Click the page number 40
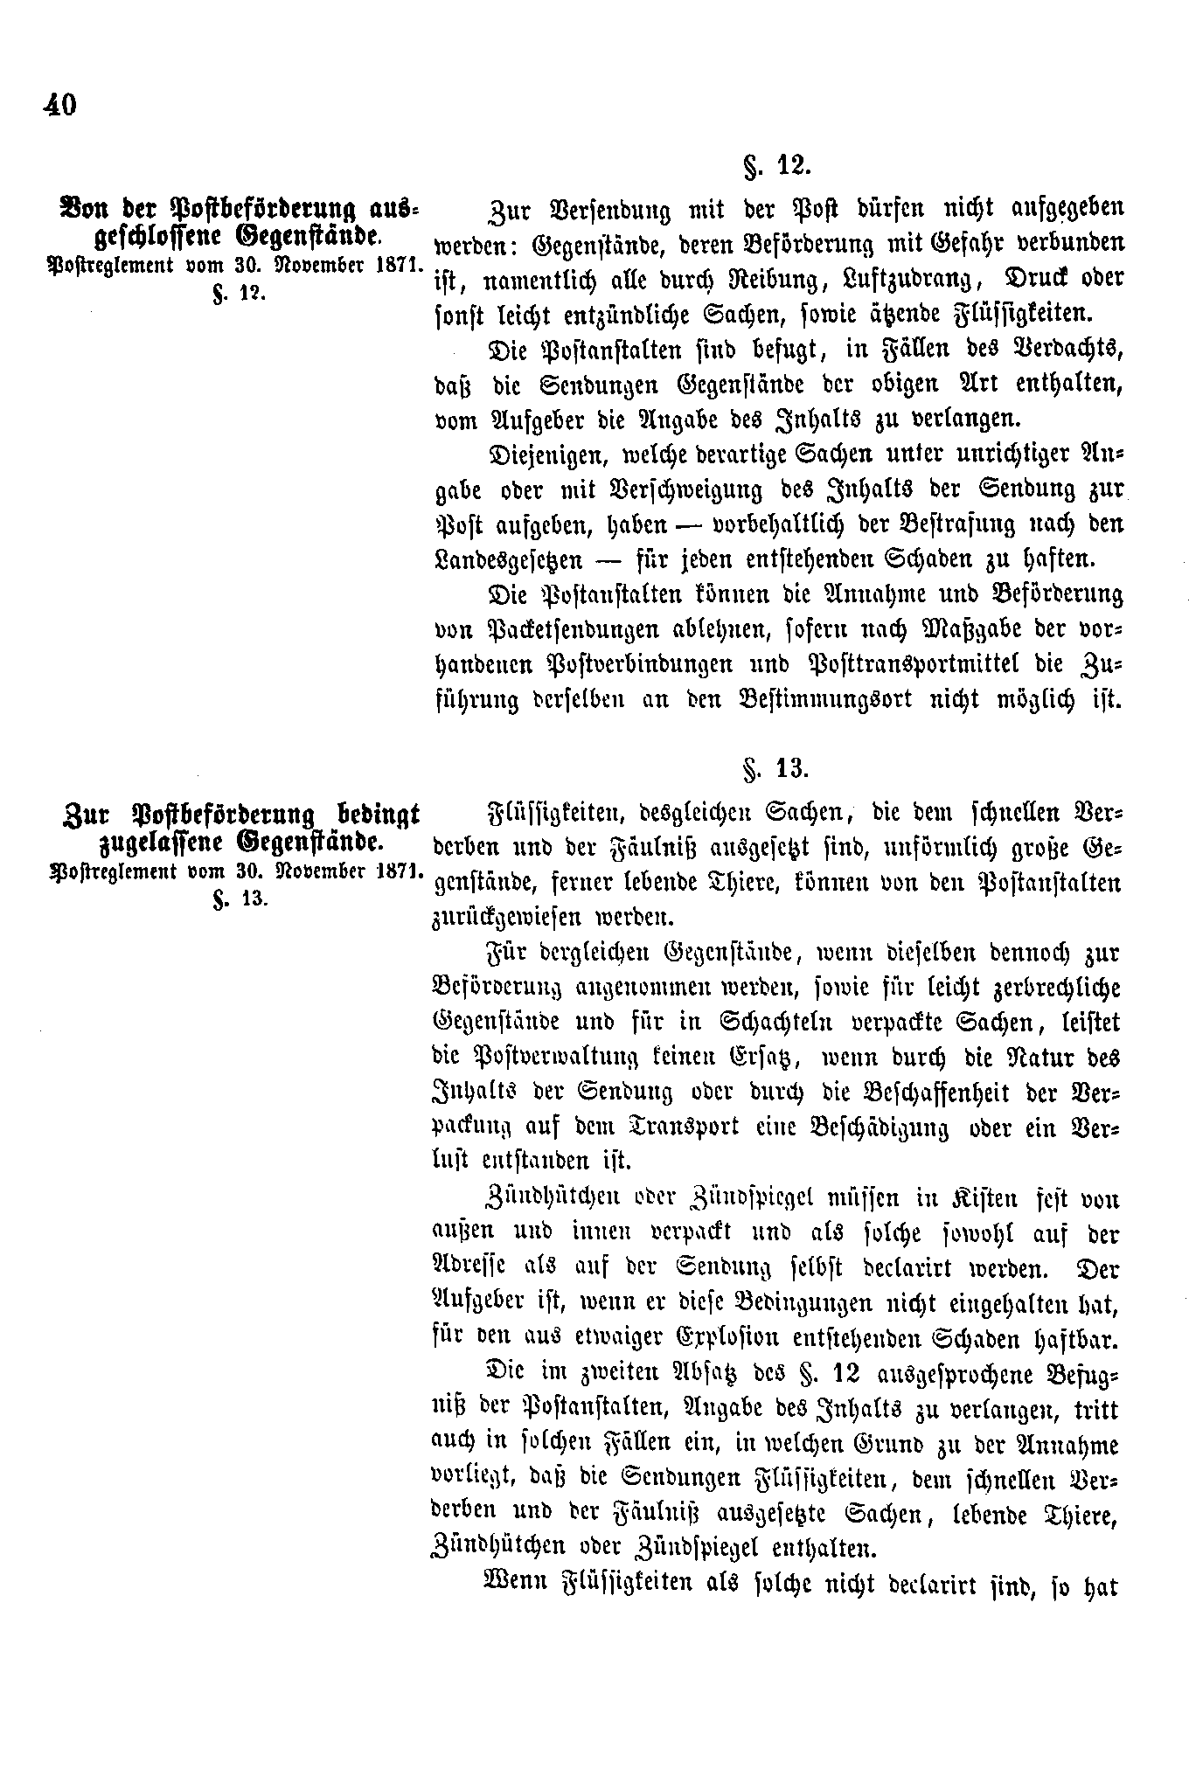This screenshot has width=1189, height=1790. [x=59, y=105]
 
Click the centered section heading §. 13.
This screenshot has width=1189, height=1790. [x=775, y=768]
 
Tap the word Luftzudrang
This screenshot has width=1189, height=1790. [x=892, y=279]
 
